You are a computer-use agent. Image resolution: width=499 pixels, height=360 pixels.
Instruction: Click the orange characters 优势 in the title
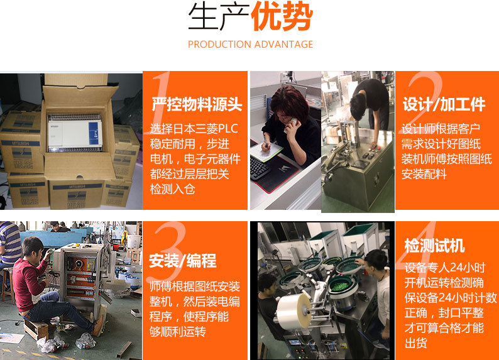282,16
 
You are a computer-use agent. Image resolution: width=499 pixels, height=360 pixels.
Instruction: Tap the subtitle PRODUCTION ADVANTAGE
251,44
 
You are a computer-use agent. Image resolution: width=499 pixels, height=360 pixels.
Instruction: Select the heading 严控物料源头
197,104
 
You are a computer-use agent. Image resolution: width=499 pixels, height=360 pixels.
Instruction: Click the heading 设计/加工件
444,104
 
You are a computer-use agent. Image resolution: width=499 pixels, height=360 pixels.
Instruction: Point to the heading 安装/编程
183,261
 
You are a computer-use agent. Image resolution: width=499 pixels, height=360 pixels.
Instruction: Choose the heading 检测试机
434,246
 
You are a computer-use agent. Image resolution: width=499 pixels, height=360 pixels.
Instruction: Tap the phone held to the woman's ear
293,121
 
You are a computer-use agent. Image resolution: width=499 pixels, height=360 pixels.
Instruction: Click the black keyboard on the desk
260,168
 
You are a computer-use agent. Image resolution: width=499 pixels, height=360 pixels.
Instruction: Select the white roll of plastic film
293,311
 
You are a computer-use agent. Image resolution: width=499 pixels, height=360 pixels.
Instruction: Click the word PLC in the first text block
228,128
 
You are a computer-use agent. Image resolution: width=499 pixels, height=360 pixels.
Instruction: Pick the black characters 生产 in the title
219,16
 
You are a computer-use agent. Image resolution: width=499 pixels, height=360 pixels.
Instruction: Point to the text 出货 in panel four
415,343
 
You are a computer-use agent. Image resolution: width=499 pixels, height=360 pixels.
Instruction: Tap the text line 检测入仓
172,189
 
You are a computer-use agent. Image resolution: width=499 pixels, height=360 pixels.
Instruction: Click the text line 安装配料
424,174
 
